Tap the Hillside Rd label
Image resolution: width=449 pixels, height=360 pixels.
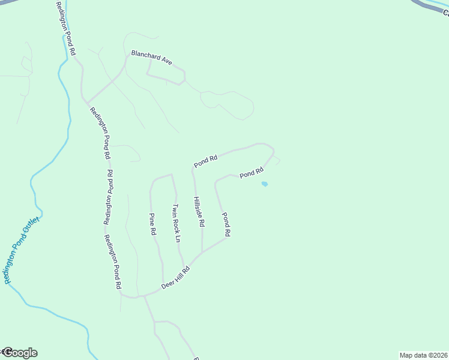click(199, 212)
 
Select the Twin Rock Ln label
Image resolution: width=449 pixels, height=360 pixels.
click(176, 223)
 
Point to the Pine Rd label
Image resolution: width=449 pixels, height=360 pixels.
click(153, 223)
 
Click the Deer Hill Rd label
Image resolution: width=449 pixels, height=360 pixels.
click(176, 279)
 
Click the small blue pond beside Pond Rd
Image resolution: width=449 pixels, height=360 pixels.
click(264, 184)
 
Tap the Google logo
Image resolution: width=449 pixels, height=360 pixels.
click(20, 353)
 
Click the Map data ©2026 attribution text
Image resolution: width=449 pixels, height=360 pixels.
click(424, 355)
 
